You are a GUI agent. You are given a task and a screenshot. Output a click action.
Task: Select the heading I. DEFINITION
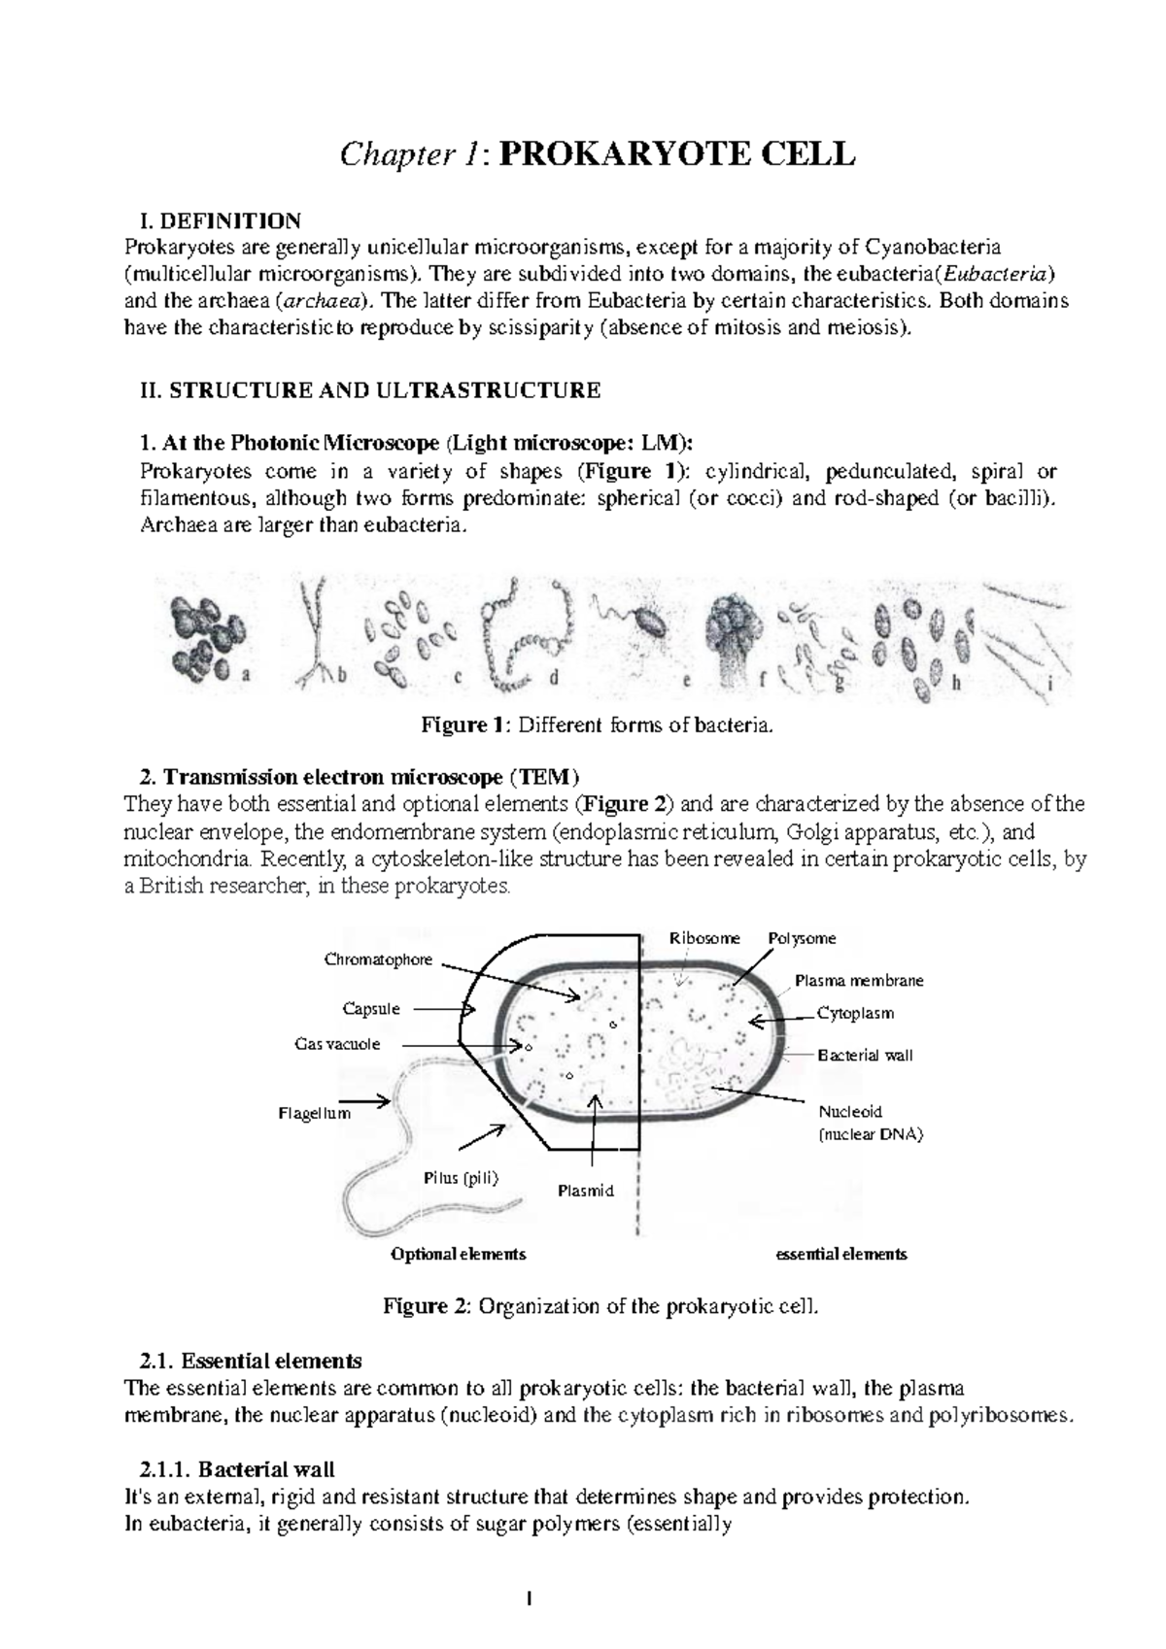222,220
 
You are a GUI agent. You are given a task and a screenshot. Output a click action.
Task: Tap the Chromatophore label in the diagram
378,959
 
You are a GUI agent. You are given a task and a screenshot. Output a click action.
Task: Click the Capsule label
371,1009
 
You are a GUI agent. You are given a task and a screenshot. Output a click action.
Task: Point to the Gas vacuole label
337,1044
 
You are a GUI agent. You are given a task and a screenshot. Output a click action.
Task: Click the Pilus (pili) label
461,1178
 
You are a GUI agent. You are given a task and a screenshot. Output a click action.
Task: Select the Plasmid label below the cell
586,1191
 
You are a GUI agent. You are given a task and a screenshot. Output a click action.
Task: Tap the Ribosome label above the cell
704,938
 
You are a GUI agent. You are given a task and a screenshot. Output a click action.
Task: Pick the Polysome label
802,938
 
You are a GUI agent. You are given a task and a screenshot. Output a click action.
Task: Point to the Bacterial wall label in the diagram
865,1055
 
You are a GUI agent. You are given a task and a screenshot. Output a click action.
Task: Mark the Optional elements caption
458,1254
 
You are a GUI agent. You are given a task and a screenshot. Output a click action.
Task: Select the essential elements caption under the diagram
840,1254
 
